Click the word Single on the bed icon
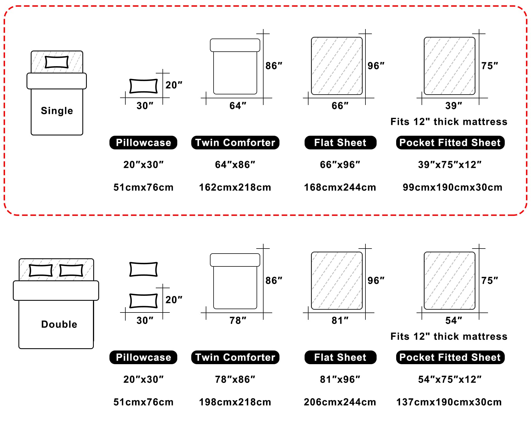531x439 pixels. coord(57,111)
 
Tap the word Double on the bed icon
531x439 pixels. coord(59,324)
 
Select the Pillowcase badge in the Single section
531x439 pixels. coord(143,142)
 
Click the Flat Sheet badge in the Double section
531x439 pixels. coord(340,357)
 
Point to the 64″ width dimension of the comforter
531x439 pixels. coord(238,106)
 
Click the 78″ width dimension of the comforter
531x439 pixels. coord(238,321)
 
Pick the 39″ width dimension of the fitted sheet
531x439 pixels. coord(454,106)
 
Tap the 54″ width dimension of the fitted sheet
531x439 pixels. coord(454,321)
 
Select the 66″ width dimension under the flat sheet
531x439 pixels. coord(340,106)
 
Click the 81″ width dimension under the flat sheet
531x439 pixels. coord(340,321)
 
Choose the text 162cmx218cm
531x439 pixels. coord(235,187)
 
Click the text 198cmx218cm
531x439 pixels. coord(235,402)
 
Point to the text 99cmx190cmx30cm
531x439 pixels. coord(452,187)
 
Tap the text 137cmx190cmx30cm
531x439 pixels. coord(449,402)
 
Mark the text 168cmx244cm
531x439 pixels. coord(340,187)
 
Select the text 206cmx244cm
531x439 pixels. coord(340,402)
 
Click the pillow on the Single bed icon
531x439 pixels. coord(57,62)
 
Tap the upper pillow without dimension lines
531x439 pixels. coord(143,269)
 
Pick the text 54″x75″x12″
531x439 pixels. coord(450,380)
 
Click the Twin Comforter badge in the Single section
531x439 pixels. coord(235,142)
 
